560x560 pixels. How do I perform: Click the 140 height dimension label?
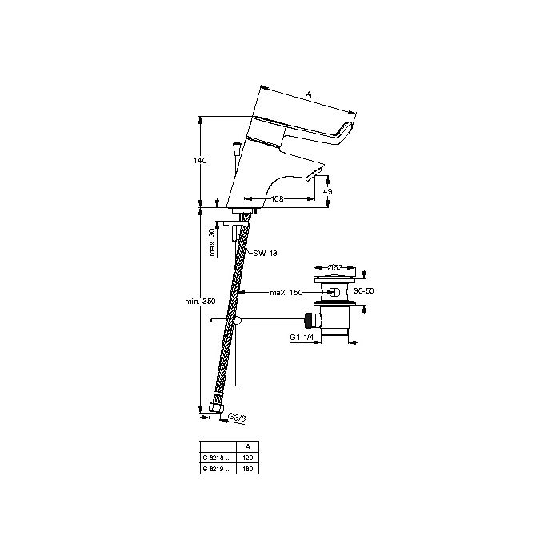(x=200, y=161)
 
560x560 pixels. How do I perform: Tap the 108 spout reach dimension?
(x=278, y=198)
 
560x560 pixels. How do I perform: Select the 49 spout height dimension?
(x=327, y=191)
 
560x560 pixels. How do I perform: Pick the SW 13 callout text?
(x=265, y=254)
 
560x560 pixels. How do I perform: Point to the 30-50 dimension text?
(x=364, y=292)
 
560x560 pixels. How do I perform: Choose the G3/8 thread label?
(x=238, y=418)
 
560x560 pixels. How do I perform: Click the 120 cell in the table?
(x=247, y=457)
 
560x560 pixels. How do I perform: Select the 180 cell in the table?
(x=247, y=467)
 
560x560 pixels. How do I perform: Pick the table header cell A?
(x=247, y=446)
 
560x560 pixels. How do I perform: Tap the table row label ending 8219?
(x=216, y=467)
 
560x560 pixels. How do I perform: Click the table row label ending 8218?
(x=216, y=457)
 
